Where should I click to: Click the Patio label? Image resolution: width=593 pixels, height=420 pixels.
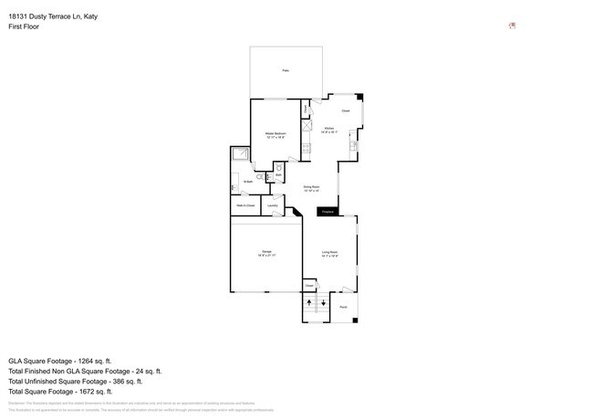(286, 70)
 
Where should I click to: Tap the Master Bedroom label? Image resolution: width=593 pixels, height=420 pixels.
(276, 135)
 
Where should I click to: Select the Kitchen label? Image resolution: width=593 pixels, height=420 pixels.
(329, 131)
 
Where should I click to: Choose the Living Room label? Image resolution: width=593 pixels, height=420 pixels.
(329, 254)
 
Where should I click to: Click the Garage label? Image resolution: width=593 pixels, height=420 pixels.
(267, 253)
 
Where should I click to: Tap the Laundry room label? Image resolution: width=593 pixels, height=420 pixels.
(272, 206)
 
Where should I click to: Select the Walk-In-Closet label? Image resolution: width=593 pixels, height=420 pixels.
(244, 206)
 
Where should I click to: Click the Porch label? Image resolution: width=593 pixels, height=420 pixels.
(343, 307)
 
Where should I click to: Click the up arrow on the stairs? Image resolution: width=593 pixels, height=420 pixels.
(310, 301)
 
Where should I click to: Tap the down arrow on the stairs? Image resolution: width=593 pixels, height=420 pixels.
(323, 301)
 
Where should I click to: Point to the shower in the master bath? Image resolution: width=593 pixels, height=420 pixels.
(240, 154)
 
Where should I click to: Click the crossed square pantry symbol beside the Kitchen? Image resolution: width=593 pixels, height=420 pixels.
(307, 128)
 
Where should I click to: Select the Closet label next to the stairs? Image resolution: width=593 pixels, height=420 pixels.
(309, 285)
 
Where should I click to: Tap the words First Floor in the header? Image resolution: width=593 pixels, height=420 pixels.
(24, 26)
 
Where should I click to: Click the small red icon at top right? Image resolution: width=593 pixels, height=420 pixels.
(512, 26)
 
